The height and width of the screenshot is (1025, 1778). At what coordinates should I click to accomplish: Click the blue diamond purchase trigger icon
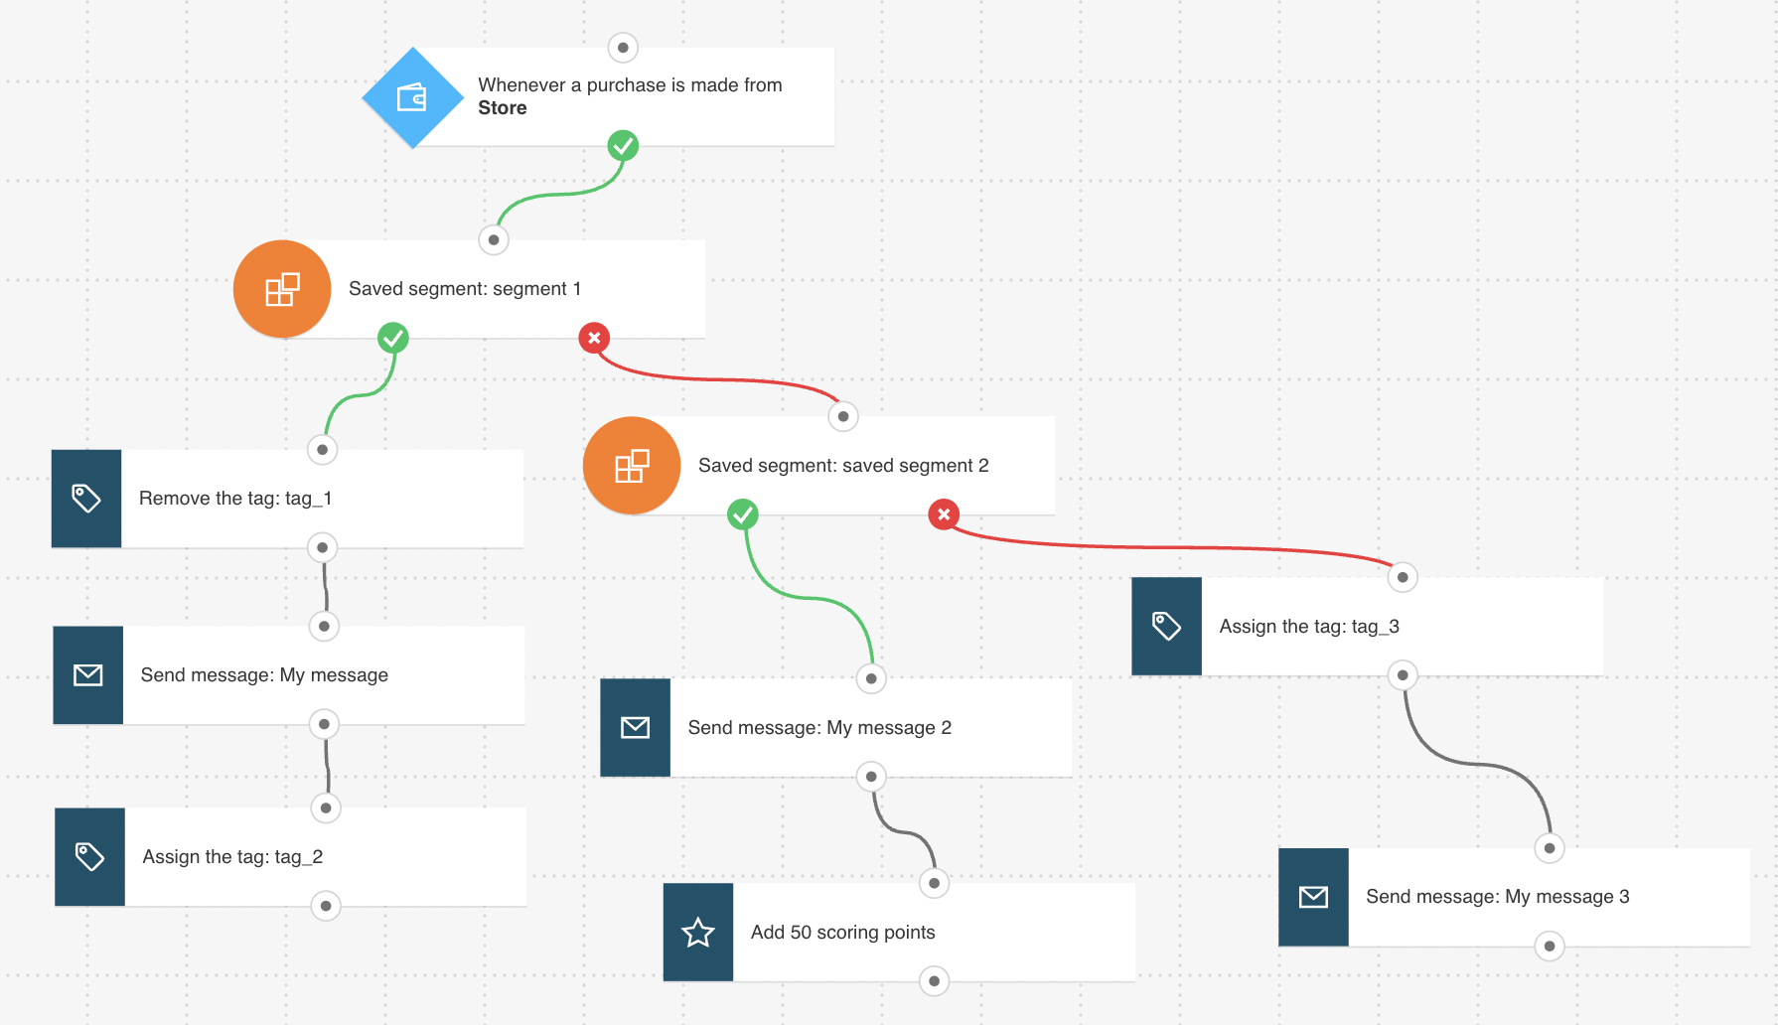point(413,97)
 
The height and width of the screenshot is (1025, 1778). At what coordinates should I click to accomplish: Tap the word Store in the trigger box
point(503,108)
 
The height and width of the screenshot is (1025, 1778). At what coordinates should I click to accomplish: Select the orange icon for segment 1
point(282,289)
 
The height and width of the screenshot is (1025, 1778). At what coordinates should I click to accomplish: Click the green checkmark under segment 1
point(393,338)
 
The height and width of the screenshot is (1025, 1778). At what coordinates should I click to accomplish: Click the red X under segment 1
point(594,338)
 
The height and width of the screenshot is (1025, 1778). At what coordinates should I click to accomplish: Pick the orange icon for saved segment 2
point(632,466)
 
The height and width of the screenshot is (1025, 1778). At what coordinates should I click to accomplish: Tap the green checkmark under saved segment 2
point(743,514)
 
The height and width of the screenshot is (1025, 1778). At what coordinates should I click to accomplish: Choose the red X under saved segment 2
point(944,514)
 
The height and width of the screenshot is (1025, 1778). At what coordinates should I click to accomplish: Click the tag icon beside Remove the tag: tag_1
point(86,499)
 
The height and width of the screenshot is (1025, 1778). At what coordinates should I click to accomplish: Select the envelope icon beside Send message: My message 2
point(636,728)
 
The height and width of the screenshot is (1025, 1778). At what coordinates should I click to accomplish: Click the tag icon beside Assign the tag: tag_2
point(89,857)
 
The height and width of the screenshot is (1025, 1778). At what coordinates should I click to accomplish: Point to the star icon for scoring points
point(698,933)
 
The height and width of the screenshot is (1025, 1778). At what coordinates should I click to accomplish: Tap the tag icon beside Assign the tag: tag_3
point(1166,627)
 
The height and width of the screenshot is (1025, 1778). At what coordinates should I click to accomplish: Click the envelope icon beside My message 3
point(1313,897)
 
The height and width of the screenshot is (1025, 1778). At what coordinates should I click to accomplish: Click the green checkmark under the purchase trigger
point(623,146)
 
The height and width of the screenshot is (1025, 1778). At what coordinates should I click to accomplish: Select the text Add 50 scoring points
point(843,933)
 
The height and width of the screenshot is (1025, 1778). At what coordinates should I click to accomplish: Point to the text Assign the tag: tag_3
point(1309,627)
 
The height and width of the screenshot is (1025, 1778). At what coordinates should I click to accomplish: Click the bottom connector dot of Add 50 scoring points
point(934,981)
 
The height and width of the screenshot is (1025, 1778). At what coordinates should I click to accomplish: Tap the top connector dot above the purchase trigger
point(623,48)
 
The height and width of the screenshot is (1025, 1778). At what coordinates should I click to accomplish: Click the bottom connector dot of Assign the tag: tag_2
point(326,906)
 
